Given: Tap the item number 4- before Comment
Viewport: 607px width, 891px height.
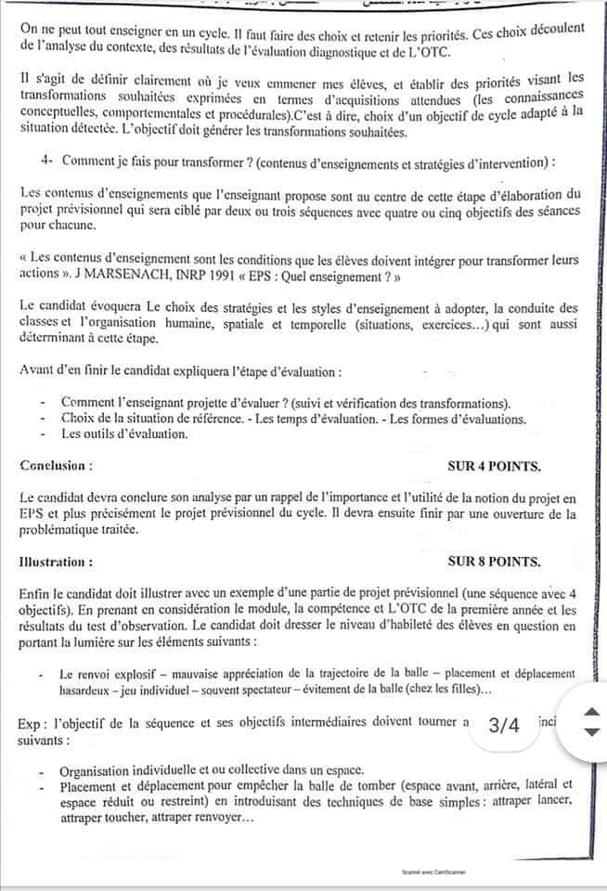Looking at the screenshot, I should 48,161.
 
